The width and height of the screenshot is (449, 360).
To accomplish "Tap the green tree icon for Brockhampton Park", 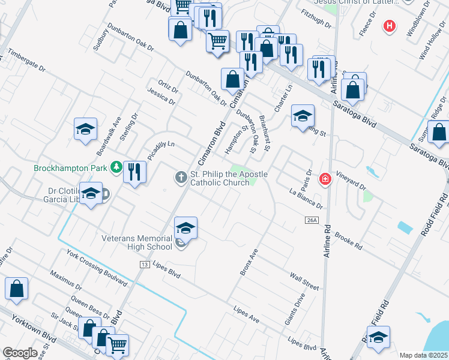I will click(116, 167).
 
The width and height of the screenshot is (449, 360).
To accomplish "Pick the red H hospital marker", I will click(390, 26).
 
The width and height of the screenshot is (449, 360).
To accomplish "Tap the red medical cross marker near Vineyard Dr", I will click(325, 179).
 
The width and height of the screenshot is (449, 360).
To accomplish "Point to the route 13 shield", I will click(144, 264).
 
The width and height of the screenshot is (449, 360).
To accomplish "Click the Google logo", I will click(20, 353).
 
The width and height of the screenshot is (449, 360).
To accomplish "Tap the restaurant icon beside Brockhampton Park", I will click(134, 172).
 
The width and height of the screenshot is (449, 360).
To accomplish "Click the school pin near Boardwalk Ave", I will click(85, 129).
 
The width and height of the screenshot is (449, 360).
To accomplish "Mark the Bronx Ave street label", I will click(249, 262).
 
